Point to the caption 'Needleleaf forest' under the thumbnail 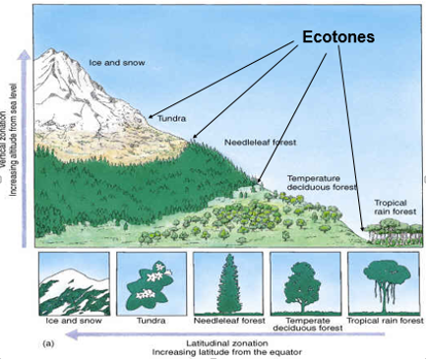(225, 321)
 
